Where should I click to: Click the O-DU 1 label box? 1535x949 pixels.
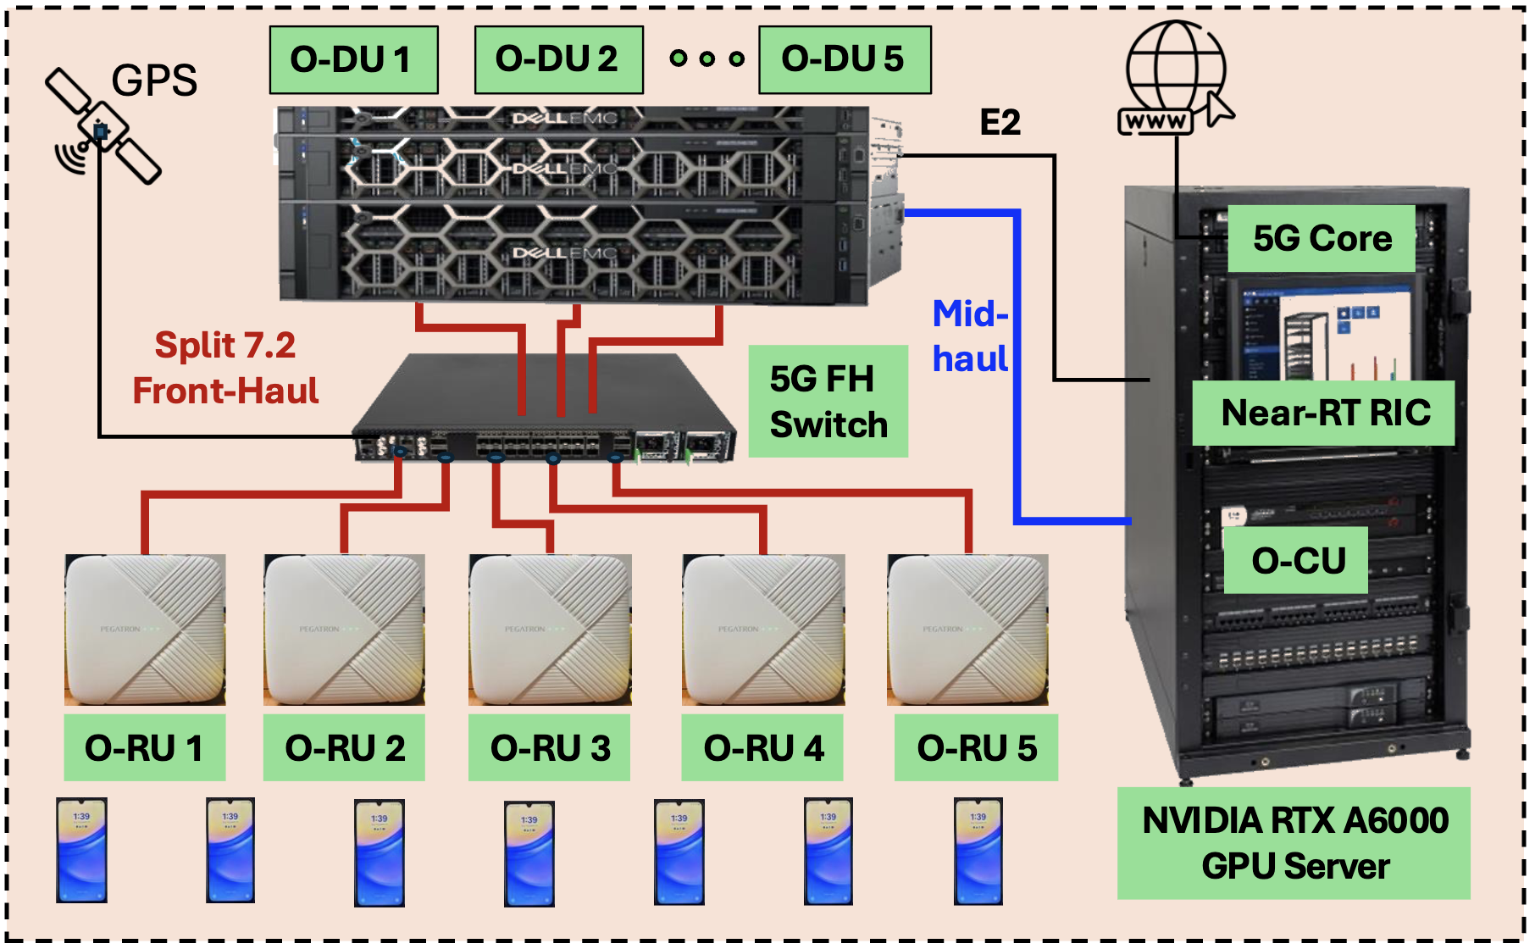(x=353, y=59)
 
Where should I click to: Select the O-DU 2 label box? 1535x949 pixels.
(x=558, y=59)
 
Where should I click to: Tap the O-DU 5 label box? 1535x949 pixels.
(x=844, y=59)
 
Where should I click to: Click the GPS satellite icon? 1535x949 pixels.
(x=103, y=127)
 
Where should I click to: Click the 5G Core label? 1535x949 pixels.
(x=1322, y=238)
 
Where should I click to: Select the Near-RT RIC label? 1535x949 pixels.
(x=1324, y=413)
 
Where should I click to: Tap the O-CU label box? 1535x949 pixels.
(x=1296, y=560)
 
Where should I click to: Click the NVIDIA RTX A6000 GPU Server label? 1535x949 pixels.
(x=1294, y=843)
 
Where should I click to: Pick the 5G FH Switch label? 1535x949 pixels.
(x=828, y=401)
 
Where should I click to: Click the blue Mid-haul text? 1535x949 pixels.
(x=970, y=336)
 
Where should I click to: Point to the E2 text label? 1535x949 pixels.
(x=1000, y=123)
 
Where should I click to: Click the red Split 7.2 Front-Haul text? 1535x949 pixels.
(x=225, y=368)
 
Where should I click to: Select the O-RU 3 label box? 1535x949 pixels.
(x=549, y=747)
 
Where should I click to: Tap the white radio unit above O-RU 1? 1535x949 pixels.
(x=145, y=630)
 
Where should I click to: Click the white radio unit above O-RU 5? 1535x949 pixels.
(x=967, y=630)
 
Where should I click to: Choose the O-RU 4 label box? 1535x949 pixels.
(x=762, y=747)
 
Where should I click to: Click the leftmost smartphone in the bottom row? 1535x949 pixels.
(x=81, y=850)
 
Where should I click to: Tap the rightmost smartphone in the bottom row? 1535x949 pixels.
(x=978, y=851)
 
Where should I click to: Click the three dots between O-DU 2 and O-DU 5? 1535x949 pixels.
(x=707, y=58)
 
